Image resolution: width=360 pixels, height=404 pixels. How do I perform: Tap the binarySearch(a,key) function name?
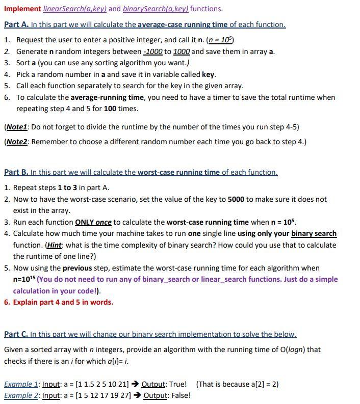coord(156,9)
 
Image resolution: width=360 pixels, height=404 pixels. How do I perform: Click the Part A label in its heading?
coord(16,24)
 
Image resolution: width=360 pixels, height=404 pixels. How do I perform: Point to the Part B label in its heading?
coord(16,172)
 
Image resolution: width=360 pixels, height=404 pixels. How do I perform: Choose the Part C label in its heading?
coord(16,334)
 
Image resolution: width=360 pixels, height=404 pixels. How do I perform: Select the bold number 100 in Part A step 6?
coord(112,109)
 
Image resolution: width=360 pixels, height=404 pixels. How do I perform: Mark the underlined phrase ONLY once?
coord(93,222)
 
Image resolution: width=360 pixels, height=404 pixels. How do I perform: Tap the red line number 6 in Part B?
coord(7,302)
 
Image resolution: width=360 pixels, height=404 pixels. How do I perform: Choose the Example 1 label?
coord(21,384)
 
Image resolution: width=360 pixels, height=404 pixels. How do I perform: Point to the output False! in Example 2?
coord(180,395)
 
